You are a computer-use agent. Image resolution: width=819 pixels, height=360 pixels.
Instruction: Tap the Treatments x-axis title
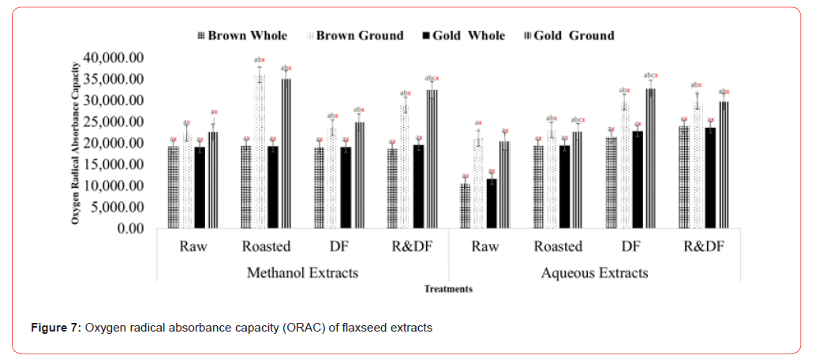(448, 289)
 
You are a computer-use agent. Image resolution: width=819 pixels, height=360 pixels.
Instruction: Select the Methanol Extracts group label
(302, 273)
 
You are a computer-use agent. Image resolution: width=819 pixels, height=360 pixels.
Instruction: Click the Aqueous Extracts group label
(594, 273)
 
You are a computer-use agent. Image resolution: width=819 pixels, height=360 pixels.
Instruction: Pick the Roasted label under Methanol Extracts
(266, 246)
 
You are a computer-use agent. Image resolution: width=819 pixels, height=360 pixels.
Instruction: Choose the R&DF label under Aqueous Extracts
(704, 246)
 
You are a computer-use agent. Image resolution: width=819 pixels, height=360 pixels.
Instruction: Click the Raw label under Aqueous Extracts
(484, 246)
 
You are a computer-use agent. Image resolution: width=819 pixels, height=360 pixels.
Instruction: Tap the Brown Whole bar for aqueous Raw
(466, 207)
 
